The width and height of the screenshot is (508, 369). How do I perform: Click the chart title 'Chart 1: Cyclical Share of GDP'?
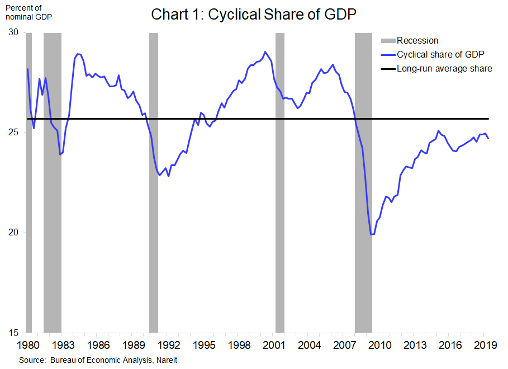(253, 15)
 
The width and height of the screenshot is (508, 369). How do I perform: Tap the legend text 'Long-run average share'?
(444, 69)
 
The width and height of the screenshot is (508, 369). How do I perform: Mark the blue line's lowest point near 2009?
(371, 235)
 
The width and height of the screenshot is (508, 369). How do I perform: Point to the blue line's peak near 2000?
(265, 52)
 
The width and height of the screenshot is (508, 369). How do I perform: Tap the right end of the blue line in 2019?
(488, 138)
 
